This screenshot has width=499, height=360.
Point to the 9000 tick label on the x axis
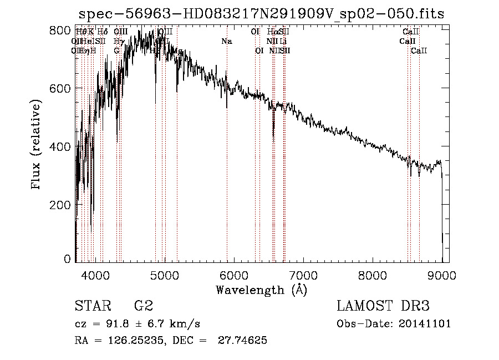pos(442,275)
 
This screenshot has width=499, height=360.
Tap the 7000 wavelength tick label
pos(303,275)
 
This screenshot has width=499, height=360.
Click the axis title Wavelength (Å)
pos(262,290)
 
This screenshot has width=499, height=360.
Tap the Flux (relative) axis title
pos(37,145)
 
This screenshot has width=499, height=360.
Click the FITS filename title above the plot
pos(262,14)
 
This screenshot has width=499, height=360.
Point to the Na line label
pos(226,41)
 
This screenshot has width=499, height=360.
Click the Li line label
pos(283,41)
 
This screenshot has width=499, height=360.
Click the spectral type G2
pos(143,306)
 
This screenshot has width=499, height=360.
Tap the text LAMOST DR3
pos(383,306)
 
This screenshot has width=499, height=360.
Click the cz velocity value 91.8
pos(121,324)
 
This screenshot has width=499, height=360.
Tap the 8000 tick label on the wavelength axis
pos(373,275)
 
